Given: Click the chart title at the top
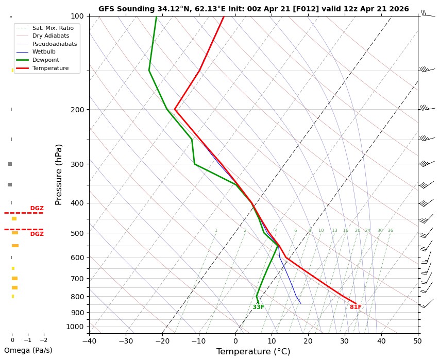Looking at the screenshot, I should tap(254, 9).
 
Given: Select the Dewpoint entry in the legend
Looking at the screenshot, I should tap(43, 60).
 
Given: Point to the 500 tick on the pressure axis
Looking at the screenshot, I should tap(77, 233).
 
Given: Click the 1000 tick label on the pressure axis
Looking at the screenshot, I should tap(75, 327).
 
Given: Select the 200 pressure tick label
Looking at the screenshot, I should tap(77, 110).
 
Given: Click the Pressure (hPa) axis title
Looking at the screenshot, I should tap(59, 174).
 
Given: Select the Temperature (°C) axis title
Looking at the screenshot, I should tap(253, 352).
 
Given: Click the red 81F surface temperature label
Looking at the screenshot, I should tap(356, 307).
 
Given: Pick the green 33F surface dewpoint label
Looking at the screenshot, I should tap(258, 307).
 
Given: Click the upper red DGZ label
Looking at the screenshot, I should tap(37, 209).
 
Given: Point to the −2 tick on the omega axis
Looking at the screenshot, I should tap(43, 340).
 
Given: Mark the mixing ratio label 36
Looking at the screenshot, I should tap(390, 231).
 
